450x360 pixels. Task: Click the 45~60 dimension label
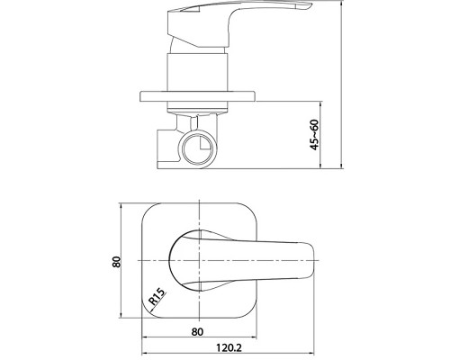[314, 135]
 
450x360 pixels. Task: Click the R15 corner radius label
[157, 296]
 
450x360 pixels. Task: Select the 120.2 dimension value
[229, 348]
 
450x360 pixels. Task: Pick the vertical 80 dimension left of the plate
[116, 262]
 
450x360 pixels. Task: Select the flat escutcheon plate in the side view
[198, 96]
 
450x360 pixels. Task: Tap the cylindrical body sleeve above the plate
[197, 72]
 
